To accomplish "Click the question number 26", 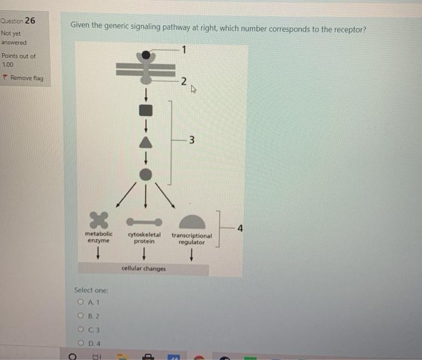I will click(x=30, y=21).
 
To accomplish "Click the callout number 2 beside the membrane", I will click(x=184, y=81).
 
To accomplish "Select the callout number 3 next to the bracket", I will click(x=191, y=141).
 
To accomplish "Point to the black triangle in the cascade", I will click(x=145, y=142).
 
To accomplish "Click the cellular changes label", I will click(x=143, y=268).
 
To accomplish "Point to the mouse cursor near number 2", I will click(x=193, y=91).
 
